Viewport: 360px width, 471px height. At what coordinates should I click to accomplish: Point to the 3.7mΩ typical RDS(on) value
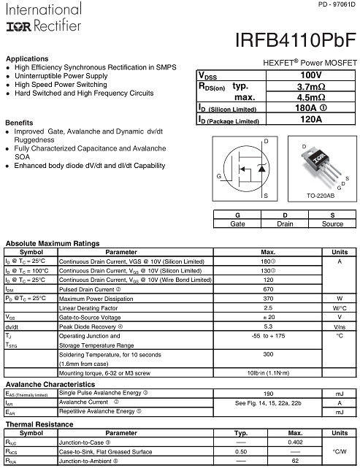point(310,86)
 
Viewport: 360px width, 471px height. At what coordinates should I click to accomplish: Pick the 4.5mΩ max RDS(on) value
point(310,97)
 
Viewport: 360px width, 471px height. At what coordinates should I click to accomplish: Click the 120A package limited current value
point(310,119)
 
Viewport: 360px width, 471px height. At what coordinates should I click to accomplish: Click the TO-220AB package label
point(321,196)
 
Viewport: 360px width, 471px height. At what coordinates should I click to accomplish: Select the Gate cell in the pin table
point(237,223)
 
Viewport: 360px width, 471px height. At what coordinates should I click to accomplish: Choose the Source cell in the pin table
point(332,223)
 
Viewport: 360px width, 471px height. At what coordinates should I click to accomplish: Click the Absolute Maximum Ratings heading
point(53,242)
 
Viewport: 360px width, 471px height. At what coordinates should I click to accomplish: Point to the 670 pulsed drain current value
point(268,288)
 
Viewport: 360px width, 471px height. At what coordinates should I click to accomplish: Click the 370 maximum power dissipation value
point(268,298)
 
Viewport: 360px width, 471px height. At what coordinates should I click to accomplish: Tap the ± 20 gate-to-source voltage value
point(268,317)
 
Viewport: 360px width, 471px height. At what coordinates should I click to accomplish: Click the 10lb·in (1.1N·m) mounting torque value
point(268,372)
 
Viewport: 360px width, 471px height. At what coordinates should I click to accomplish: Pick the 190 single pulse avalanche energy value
point(268,393)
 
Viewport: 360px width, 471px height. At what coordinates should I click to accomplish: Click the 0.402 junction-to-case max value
point(296,442)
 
